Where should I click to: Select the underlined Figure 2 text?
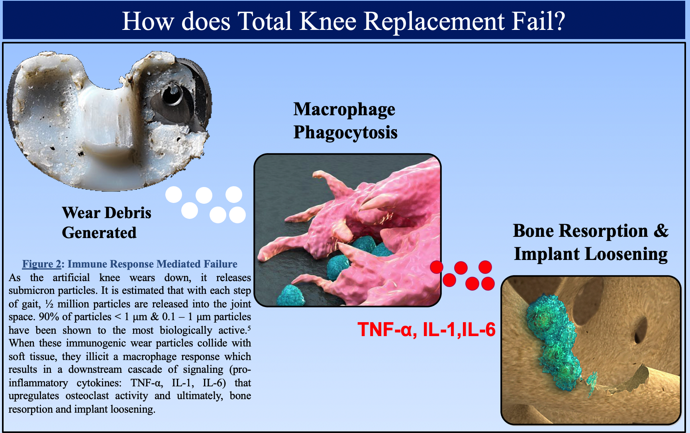click(41, 264)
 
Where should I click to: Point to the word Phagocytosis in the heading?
click(345, 133)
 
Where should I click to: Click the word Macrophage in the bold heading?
click(344, 110)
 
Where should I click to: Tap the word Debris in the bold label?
click(128, 213)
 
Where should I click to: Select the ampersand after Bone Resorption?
click(661, 231)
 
